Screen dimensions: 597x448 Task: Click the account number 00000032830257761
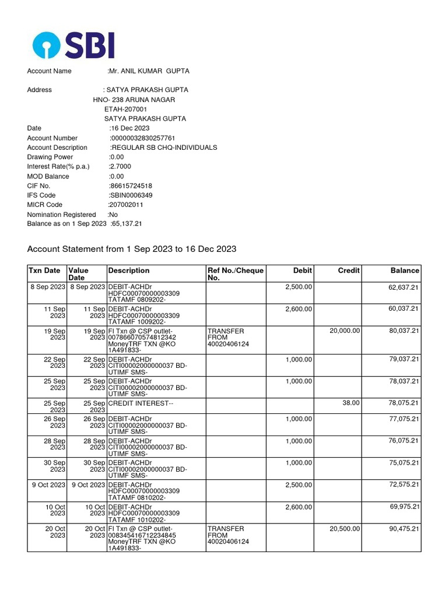[142, 138]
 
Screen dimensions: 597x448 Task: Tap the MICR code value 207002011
[126, 205]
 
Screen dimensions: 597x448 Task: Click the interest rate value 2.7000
[122, 167]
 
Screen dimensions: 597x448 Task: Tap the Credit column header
[349, 271]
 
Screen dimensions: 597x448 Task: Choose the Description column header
[128, 271]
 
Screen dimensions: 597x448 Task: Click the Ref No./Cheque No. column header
[236, 274]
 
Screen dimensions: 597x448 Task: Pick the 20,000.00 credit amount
[345, 331]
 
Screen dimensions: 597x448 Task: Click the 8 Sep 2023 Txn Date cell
[47, 287]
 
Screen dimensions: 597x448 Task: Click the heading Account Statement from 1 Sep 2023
[132, 249]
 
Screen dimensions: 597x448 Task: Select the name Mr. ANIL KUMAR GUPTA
[149, 71]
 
